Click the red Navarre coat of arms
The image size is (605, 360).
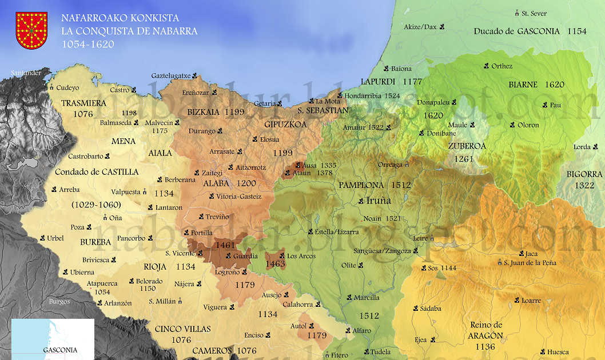pos(31,30)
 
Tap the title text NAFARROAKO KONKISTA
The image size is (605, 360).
pos(120,18)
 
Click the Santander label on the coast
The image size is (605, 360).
pos(26,73)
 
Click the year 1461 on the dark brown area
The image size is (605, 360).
pos(225,245)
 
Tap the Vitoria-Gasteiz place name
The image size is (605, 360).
pos(239,197)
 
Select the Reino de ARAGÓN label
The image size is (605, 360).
pos(487,330)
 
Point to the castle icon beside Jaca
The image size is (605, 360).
pos(522,253)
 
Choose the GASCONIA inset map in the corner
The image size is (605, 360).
pos(53,339)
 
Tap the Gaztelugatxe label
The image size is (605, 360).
pos(171,75)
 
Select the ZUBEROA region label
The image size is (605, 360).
pos(467,146)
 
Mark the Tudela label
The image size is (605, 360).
pos(380,352)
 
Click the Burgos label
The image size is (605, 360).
pos(59,301)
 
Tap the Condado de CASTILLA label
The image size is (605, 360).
pos(97,171)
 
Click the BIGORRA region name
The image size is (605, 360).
pos(584,174)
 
